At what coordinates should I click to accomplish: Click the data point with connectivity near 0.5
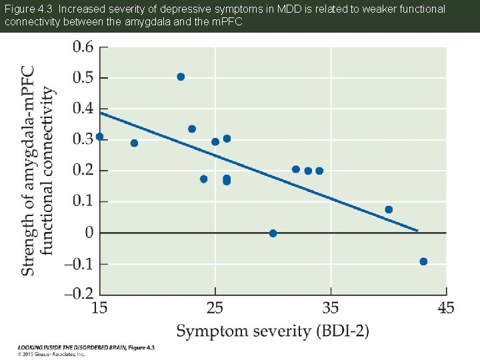[181, 77]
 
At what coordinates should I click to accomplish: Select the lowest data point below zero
[423, 261]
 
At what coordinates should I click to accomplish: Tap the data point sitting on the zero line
[273, 233]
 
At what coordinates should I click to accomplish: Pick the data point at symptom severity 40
[389, 209]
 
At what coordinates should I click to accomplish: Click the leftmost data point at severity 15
[100, 137]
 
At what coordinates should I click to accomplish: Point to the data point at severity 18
[134, 143]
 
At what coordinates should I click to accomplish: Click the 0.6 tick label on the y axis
[83, 47]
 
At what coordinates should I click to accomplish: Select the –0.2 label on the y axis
[79, 294]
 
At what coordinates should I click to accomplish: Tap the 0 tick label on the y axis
[89, 233]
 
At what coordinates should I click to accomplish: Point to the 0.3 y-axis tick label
[83, 139]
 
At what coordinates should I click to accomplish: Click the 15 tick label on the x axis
[99, 308]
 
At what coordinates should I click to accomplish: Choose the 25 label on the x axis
[215, 308]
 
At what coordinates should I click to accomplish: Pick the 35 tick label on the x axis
[331, 308]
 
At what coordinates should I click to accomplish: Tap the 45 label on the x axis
[445, 308]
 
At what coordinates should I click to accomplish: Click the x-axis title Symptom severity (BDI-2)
[272, 331]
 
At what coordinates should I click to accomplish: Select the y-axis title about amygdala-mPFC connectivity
[37, 170]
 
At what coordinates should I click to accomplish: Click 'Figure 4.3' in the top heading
[26, 9]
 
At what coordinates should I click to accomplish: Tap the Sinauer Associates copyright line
[51, 355]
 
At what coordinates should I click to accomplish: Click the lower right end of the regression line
[417, 231]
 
